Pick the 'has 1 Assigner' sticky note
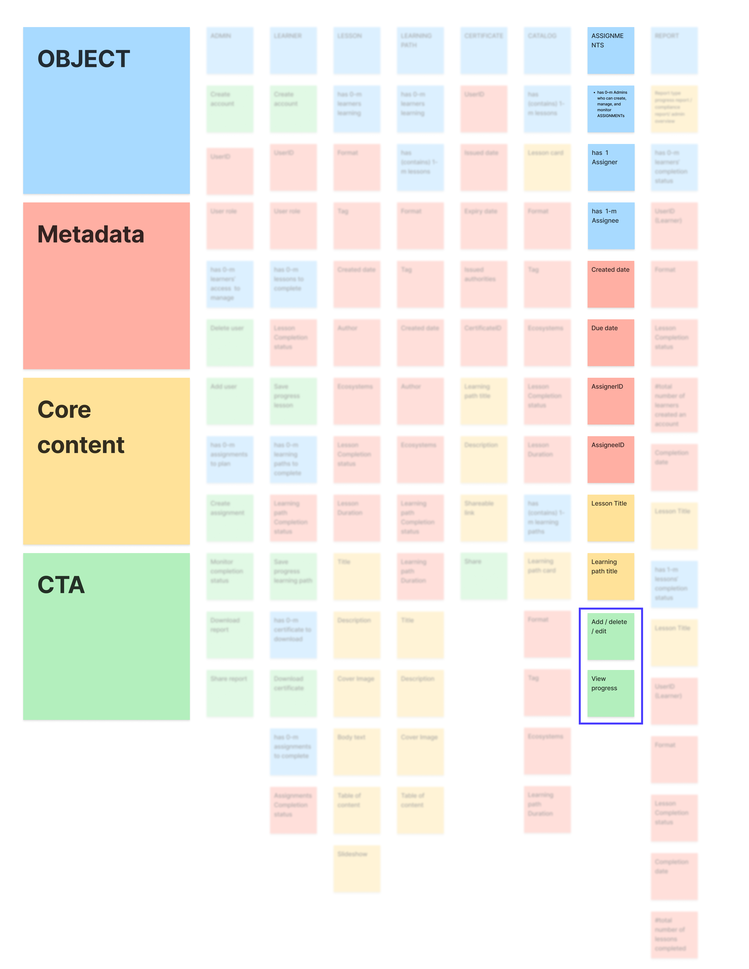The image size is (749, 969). [x=611, y=167]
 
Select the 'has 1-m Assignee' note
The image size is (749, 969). [x=611, y=226]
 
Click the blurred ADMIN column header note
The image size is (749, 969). [x=230, y=51]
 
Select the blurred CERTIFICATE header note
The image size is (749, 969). [x=483, y=51]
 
